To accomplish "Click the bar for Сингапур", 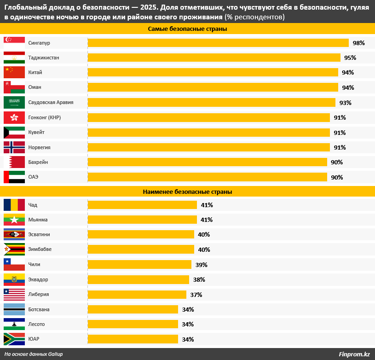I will tap(218, 43).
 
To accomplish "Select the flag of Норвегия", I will tap(14, 147).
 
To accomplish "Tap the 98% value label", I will tap(358, 43).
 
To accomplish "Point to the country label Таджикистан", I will tap(43, 58).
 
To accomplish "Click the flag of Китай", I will tap(14, 72).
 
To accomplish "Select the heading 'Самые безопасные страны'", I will tap(187, 29).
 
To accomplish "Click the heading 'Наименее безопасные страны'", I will tap(187, 192).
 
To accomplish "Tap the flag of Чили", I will tap(14, 264).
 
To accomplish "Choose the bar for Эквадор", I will tap(138, 279).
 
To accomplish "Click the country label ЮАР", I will tap(34, 339).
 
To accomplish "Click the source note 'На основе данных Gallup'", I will tap(34, 354).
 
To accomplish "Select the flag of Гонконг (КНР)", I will tap(14, 117).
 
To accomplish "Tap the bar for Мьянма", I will tap(142, 220).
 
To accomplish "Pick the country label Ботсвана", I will tap(39, 309).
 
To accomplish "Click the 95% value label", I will tap(350, 58).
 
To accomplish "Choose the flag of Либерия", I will tap(14, 295).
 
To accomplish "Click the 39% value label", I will tap(201, 265).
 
